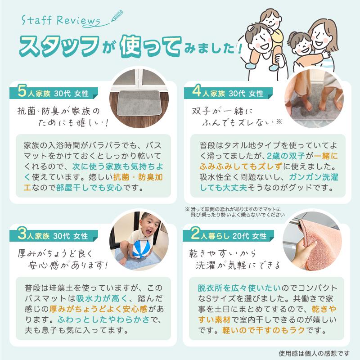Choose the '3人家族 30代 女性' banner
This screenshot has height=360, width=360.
tap(54, 235)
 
